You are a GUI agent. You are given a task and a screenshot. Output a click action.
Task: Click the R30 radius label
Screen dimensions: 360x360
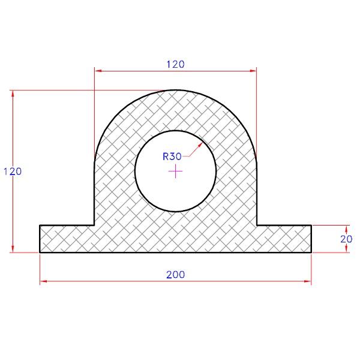(x=172, y=157)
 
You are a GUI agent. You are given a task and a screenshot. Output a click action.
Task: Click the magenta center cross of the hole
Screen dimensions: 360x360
(x=175, y=172)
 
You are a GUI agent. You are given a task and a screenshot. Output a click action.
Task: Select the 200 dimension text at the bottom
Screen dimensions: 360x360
(x=175, y=274)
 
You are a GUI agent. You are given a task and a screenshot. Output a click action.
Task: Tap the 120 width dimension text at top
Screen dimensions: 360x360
(x=175, y=64)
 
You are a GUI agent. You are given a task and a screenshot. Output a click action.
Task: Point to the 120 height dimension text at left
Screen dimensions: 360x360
(x=12, y=172)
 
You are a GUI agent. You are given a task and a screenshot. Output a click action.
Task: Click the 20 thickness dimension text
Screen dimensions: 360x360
(x=346, y=239)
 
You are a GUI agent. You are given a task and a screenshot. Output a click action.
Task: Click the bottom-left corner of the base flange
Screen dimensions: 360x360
(x=40, y=252)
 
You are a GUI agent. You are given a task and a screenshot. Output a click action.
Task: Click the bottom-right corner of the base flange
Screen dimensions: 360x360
(x=311, y=252)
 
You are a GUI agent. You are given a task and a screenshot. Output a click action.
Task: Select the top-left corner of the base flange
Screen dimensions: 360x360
(x=40, y=226)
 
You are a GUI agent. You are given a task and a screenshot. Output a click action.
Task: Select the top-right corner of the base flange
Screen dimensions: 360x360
(x=311, y=226)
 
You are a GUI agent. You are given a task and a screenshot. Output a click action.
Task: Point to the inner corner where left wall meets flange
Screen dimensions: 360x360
(x=94, y=226)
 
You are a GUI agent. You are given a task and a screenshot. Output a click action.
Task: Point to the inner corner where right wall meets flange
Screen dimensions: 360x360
(x=257, y=226)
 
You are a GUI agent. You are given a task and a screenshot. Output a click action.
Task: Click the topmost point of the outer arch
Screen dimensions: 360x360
(x=175, y=91)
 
